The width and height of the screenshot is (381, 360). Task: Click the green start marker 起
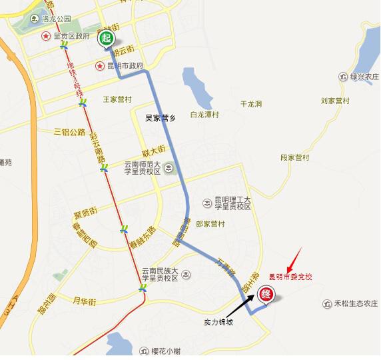tap(107, 39)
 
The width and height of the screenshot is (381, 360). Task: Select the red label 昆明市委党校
tap(291, 275)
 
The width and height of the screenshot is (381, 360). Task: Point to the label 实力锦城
tap(218, 321)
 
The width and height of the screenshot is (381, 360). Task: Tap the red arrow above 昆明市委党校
tap(296, 257)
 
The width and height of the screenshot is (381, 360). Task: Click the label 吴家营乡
tap(160, 117)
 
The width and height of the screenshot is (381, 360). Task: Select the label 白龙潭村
tap(204, 114)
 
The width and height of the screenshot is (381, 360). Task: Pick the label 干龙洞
tap(251, 104)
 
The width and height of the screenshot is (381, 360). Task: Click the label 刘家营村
tap(335, 101)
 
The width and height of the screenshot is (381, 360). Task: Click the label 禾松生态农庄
tap(356, 303)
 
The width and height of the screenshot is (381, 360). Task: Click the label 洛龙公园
tap(56, 21)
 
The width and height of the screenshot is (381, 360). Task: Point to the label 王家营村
tap(118, 99)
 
